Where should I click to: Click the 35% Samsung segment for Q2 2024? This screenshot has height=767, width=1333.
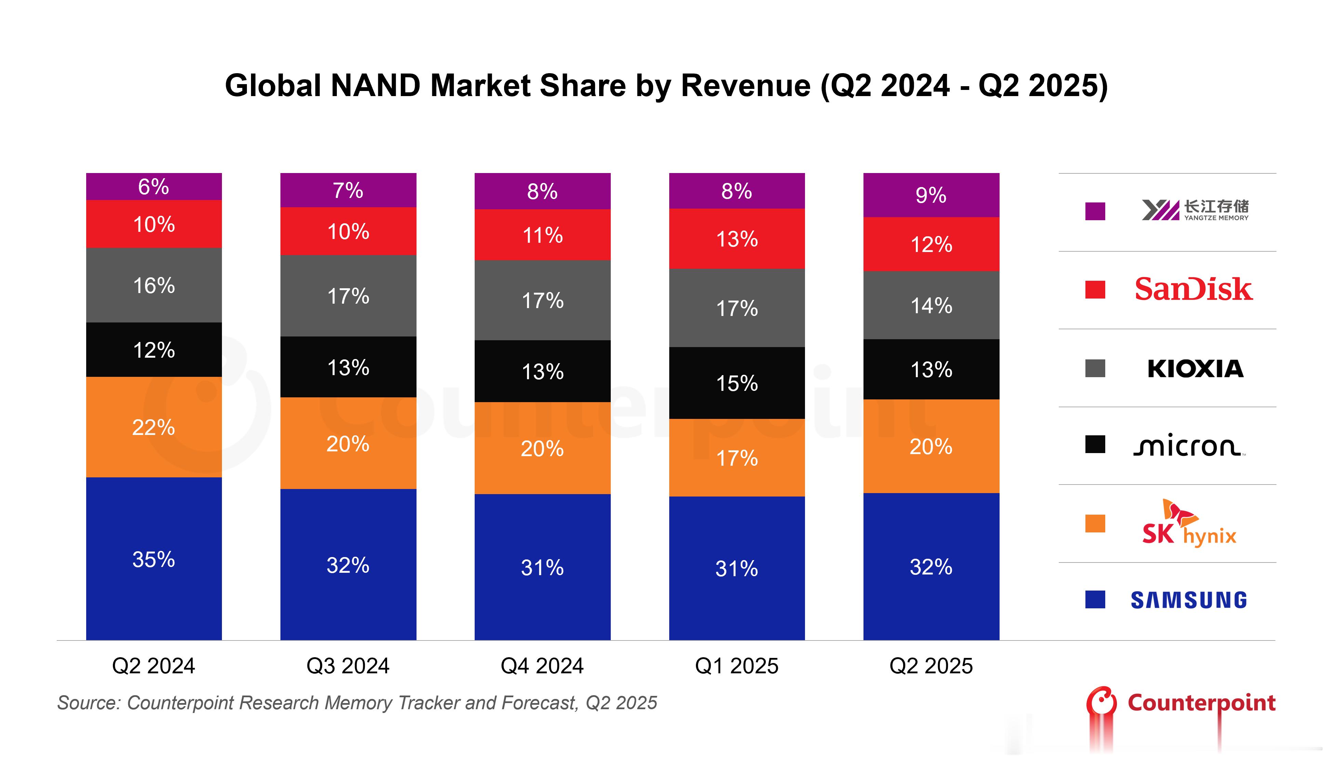(154, 558)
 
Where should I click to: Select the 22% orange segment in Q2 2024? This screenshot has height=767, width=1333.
(154, 427)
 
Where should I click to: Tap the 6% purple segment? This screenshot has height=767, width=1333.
(154, 186)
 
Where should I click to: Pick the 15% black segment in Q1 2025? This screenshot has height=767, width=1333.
(737, 383)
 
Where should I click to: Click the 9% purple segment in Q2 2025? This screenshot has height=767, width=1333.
(931, 195)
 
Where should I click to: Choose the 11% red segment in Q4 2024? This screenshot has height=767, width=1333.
(542, 235)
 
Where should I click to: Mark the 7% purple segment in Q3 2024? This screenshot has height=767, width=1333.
(348, 190)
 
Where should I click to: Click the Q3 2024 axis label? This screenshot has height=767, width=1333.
(348, 666)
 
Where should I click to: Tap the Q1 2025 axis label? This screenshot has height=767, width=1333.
(737, 666)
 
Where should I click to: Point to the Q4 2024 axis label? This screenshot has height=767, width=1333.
(542, 666)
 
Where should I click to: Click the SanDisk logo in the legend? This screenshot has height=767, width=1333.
(1193, 289)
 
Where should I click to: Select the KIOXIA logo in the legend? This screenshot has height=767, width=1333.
(1195, 368)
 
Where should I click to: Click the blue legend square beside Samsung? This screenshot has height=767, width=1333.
(1095, 599)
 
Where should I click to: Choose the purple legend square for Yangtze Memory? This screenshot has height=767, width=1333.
(1095, 211)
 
